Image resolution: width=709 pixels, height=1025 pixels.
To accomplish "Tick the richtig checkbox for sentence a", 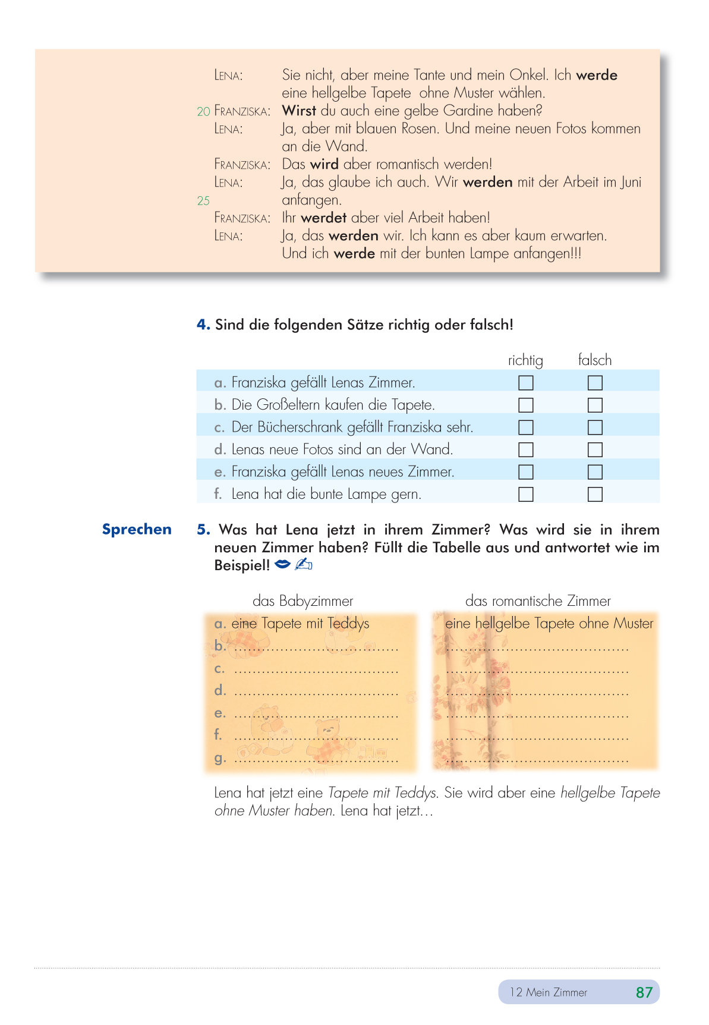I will pyautogui.click(x=526, y=382).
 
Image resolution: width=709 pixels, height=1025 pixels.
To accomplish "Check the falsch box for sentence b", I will pyautogui.click(x=595, y=405).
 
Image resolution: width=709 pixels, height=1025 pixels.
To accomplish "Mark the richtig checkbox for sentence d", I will pyautogui.click(x=526, y=449).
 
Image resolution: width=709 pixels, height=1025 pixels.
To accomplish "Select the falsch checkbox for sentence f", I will pyautogui.click(x=595, y=494).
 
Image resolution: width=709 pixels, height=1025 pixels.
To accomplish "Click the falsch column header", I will pyautogui.click(x=594, y=360).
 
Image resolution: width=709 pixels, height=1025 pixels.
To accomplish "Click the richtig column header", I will pyautogui.click(x=525, y=360).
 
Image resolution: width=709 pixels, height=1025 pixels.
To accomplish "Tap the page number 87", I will pyautogui.click(x=644, y=992).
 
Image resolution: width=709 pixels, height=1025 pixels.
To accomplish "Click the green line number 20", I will pyautogui.click(x=203, y=112).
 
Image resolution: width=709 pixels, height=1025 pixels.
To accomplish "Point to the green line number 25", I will pyautogui.click(x=203, y=201).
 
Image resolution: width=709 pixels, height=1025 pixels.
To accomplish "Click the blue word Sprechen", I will pyautogui.click(x=137, y=529).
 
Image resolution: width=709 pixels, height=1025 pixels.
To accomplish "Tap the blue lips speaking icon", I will pyautogui.click(x=283, y=564).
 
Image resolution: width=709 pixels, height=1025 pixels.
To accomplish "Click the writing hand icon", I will pyautogui.click(x=303, y=564).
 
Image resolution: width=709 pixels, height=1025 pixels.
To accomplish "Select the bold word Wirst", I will pyautogui.click(x=299, y=111).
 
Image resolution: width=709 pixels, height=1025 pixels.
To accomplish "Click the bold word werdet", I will pyautogui.click(x=323, y=218).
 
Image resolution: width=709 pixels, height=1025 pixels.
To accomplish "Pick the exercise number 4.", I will pyautogui.click(x=203, y=325).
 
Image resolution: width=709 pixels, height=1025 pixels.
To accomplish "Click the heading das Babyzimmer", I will pyautogui.click(x=302, y=600).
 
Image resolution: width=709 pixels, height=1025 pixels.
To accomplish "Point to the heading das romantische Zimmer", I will pyautogui.click(x=538, y=600).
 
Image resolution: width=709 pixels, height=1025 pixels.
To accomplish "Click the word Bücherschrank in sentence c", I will pyautogui.click(x=300, y=427).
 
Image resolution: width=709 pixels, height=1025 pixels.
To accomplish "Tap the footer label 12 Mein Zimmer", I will pyautogui.click(x=548, y=992).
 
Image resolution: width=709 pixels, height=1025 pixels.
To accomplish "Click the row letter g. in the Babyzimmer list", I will pyautogui.click(x=220, y=758).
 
